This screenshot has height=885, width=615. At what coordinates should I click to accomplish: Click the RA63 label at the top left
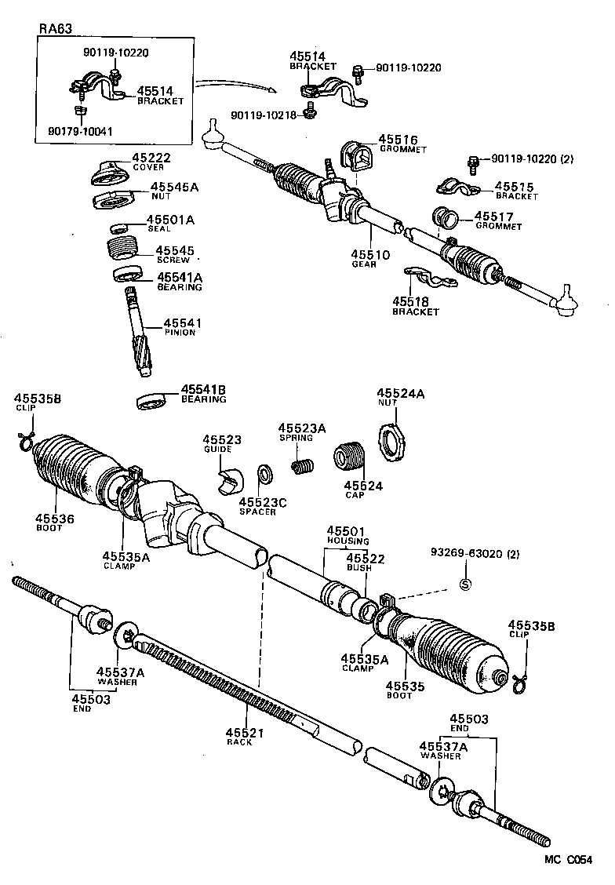pyautogui.click(x=55, y=30)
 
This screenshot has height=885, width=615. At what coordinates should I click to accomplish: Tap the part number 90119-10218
pyautogui.click(x=263, y=115)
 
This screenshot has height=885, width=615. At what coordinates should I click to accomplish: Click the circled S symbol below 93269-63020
pyautogui.click(x=464, y=584)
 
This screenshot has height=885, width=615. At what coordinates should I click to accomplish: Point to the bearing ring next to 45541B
pyautogui.click(x=154, y=399)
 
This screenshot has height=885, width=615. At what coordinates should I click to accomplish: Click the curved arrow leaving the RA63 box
pyautogui.click(x=235, y=82)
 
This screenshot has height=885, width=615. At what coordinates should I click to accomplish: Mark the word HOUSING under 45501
pyautogui.click(x=343, y=541)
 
